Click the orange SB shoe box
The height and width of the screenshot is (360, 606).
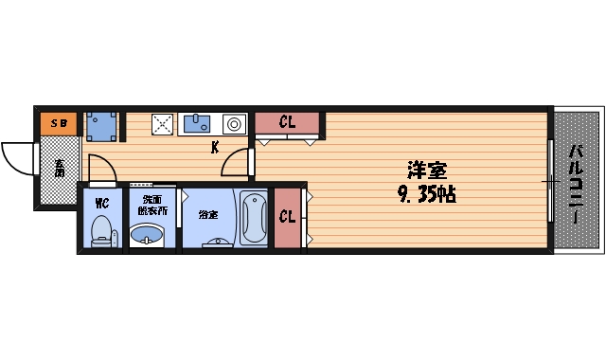click(x=58, y=123)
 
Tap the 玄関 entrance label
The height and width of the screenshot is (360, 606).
click(x=59, y=168)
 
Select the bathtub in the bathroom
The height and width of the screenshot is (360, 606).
click(x=255, y=219)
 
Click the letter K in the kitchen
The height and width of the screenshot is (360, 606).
click(x=215, y=147)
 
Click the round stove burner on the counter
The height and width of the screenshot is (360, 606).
click(x=234, y=123)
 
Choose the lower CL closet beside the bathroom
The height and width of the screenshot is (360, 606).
click(x=285, y=217)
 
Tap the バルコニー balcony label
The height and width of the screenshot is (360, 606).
click(x=576, y=183)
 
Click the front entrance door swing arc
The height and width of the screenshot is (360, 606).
click(x=17, y=156)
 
